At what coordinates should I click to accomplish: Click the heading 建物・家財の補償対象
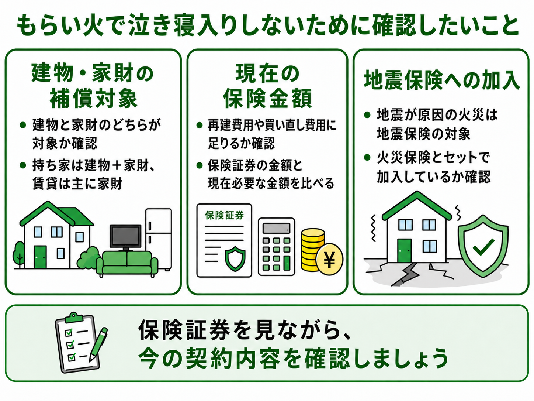(x=93, y=85)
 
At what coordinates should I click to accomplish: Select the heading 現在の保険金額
(x=267, y=85)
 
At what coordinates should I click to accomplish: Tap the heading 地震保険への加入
(x=441, y=80)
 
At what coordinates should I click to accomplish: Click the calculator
(x=276, y=247)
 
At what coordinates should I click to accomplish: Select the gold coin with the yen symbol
(x=329, y=260)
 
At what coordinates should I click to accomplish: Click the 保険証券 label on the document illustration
(x=224, y=215)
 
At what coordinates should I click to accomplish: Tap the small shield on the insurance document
(x=235, y=258)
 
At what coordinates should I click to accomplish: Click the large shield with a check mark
(x=483, y=246)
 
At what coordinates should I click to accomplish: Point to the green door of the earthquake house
(x=404, y=251)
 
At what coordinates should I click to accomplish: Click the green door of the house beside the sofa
(x=40, y=257)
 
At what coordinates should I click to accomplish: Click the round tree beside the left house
(x=19, y=253)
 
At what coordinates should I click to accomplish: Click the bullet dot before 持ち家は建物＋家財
(x=23, y=165)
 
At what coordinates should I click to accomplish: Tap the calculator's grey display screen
(x=276, y=228)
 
